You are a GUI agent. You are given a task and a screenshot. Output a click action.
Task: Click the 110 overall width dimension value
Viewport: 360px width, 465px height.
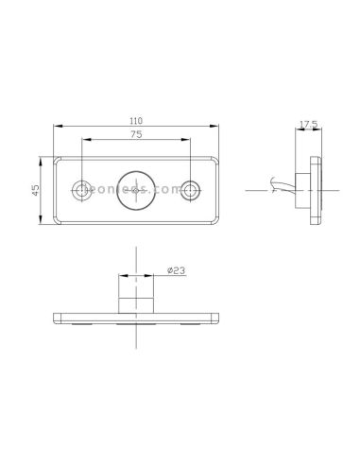click(x=137, y=121)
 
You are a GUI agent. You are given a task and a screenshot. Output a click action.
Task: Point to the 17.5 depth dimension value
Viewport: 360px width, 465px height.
click(x=307, y=124)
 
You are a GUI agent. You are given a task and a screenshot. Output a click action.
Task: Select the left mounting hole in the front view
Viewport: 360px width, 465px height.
click(x=84, y=190)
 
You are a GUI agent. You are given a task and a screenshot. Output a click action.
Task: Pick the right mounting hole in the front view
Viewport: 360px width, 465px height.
click(x=192, y=190)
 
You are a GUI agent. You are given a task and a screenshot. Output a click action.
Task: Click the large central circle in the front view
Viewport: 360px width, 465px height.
click(x=138, y=190)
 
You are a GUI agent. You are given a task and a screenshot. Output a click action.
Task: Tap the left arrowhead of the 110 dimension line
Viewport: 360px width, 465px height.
click(x=59, y=128)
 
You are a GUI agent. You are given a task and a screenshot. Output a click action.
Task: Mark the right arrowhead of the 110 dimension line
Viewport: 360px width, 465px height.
click(x=216, y=128)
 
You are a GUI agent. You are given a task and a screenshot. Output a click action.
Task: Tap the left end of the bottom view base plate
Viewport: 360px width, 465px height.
click(x=57, y=319)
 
